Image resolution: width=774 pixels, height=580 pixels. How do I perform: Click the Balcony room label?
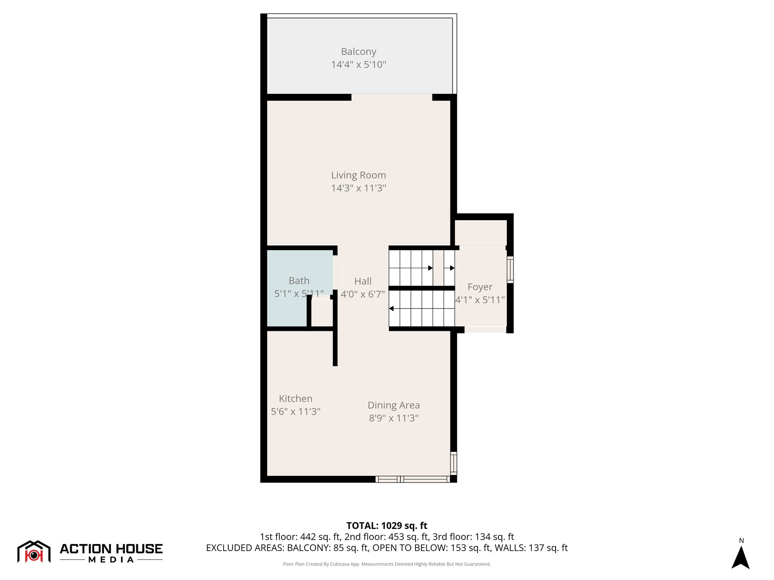point(358,52)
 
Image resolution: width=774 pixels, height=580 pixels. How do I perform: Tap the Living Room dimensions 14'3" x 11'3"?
point(358,188)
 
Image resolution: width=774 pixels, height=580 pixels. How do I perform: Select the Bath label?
point(299,281)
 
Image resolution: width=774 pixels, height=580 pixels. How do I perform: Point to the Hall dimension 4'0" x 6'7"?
point(363,294)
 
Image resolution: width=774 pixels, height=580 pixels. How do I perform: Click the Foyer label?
point(480,287)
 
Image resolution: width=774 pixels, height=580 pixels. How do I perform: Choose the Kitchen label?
point(296,399)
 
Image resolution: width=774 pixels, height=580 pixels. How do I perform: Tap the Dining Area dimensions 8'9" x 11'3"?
point(393,418)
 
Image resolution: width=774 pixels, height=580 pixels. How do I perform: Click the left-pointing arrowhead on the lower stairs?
point(392,309)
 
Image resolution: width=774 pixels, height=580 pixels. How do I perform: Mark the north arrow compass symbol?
point(740,557)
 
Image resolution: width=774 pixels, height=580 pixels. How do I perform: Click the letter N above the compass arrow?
point(741,541)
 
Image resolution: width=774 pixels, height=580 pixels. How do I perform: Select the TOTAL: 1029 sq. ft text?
point(387,526)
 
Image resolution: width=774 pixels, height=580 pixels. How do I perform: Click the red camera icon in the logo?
point(34,555)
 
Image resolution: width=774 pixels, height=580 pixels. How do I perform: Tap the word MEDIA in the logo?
point(111,560)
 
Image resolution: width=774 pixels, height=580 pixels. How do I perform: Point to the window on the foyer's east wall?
point(510,270)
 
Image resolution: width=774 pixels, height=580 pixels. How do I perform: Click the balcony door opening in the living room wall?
point(392,97)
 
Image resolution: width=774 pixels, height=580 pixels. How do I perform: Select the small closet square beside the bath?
point(322,313)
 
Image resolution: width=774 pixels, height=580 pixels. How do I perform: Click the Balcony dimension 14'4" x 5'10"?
point(358,65)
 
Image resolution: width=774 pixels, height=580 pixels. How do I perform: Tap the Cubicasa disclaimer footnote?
point(387,564)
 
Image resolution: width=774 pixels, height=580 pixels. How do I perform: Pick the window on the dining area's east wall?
point(454,463)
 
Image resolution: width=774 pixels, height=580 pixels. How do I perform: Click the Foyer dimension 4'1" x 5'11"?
point(480,300)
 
